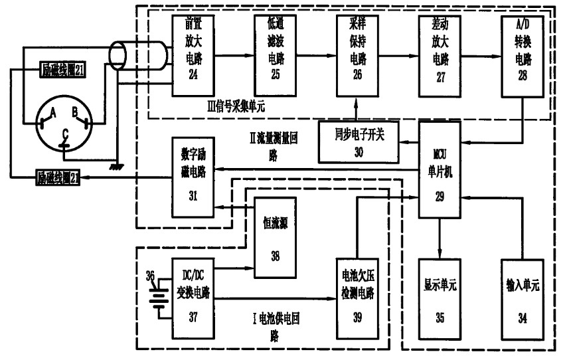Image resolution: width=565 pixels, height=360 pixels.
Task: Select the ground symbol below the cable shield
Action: click(117, 166)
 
